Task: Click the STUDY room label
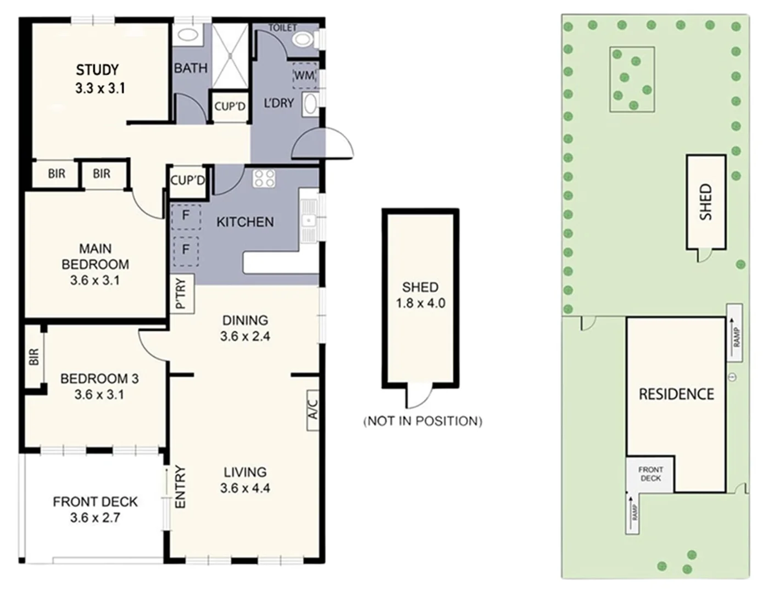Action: click(98, 70)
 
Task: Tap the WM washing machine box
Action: click(304, 75)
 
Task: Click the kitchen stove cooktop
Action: click(264, 178)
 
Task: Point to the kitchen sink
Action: click(309, 220)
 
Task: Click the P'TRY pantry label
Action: click(181, 294)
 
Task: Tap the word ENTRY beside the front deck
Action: click(180, 487)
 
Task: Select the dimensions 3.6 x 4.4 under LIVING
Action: click(245, 488)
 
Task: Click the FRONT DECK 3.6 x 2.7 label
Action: click(95, 509)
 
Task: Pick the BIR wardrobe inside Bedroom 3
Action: click(34, 357)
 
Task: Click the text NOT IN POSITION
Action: click(422, 421)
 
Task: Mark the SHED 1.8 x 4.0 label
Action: click(420, 295)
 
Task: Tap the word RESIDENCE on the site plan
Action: click(676, 394)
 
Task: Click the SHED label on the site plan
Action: click(706, 202)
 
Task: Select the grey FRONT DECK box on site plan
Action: click(650, 474)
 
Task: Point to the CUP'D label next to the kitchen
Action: click(187, 180)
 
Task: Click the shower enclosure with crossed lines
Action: click(231, 55)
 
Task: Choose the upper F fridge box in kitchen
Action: click(186, 215)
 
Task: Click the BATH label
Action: click(191, 68)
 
